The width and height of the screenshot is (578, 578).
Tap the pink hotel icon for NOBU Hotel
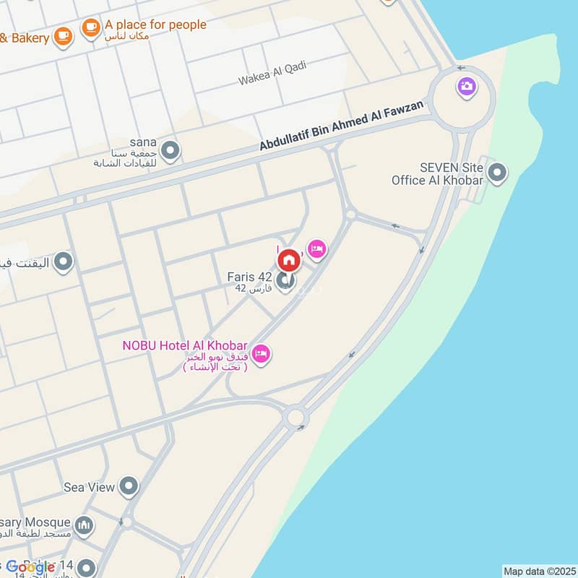[262, 353]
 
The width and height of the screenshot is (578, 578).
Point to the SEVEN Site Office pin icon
[496, 173]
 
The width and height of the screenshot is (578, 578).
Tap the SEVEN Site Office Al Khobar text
[438, 173]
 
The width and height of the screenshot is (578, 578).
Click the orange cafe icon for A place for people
[90, 27]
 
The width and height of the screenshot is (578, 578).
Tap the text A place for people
[155, 25]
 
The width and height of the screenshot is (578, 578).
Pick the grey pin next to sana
[171, 151]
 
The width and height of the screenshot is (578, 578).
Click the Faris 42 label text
[250, 277]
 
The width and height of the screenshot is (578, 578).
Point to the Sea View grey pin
[129, 486]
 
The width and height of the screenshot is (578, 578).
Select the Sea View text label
[89, 487]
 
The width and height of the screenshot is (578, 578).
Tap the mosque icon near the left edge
[85, 525]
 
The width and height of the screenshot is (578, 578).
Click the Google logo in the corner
[30, 567]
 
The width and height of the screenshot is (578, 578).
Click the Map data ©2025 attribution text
[538, 571]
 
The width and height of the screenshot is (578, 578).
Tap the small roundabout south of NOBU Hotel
[295, 417]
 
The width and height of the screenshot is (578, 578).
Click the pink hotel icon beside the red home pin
[316, 250]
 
